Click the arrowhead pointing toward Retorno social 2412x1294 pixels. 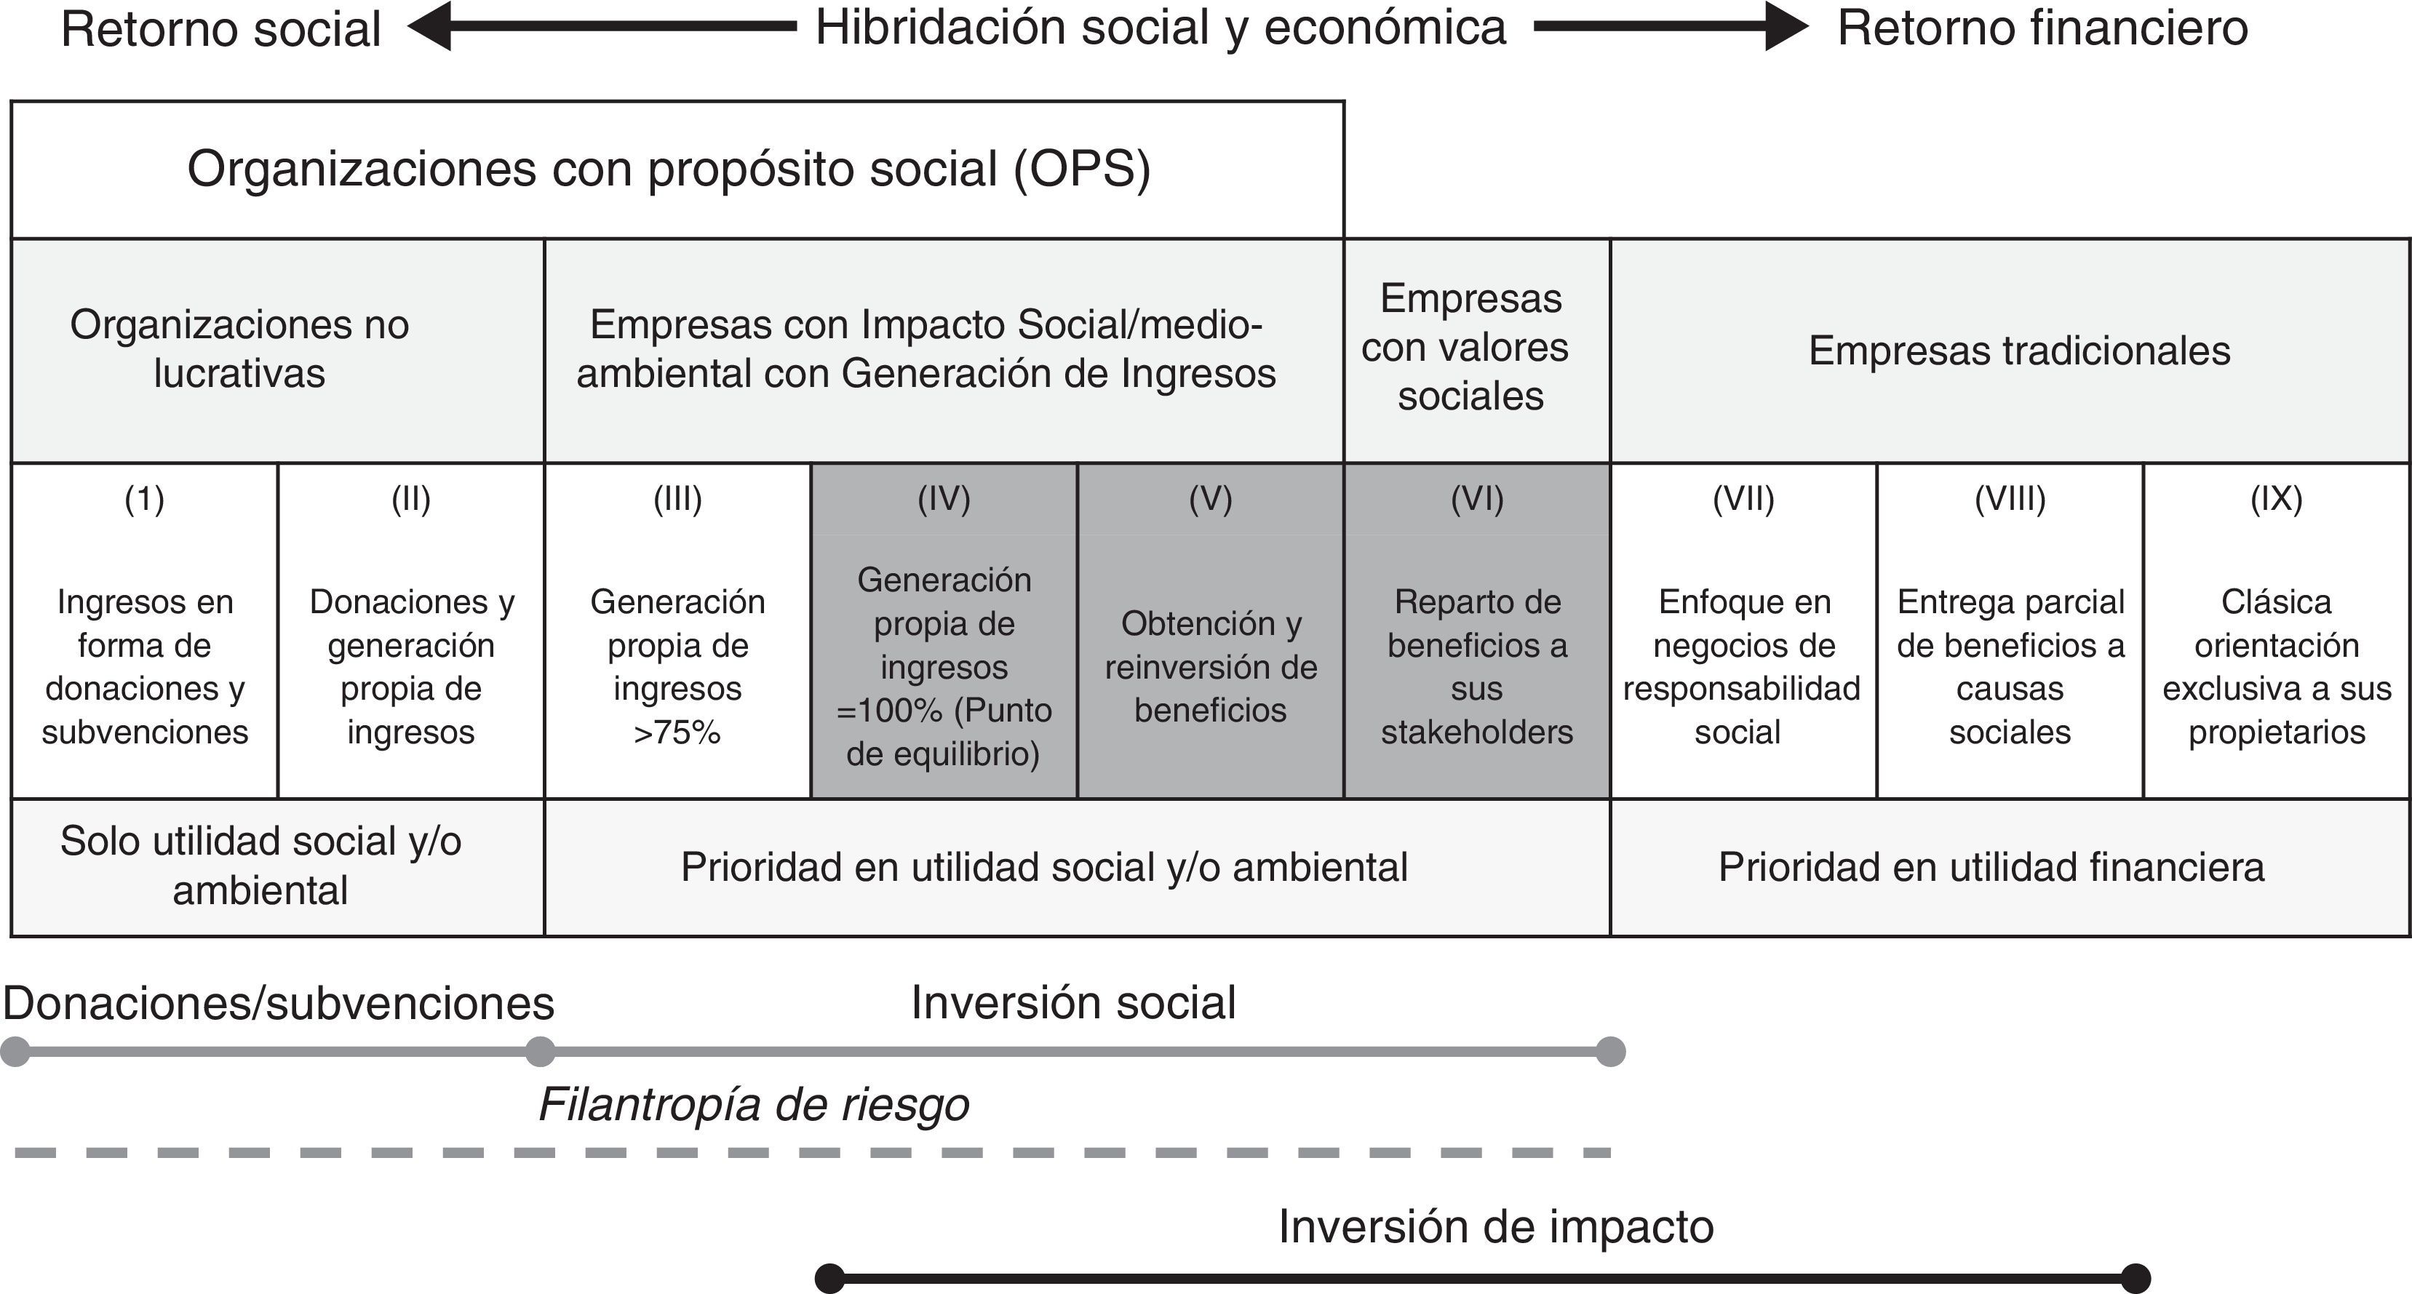pyautogui.click(x=429, y=26)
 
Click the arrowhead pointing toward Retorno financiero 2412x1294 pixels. pyautogui.click(x=1786, y=26)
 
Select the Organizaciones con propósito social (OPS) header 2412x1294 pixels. pyautogui.click(x=669, y=169)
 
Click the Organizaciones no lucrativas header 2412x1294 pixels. pyautogui.click(x=239, y=348)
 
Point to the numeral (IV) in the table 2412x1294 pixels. pyautogui.click(x=944, y=499)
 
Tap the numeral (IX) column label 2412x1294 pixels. pyautogui.click(x=2276, y=499)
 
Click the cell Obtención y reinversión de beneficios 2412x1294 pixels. pyautogui.click(x=1211, y=667)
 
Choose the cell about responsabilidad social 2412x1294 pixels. pyautogui.click(x=1742, y=667)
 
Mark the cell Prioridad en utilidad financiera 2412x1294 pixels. pyautogui.click(x=1991, y=867)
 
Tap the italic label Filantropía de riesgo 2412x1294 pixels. pyautogui.click(x=754, y=1105)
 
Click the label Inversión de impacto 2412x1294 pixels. pyautogui.click(x=1495, y=1226)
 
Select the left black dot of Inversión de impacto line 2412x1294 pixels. pyautogui.click(x=829, y=1278)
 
